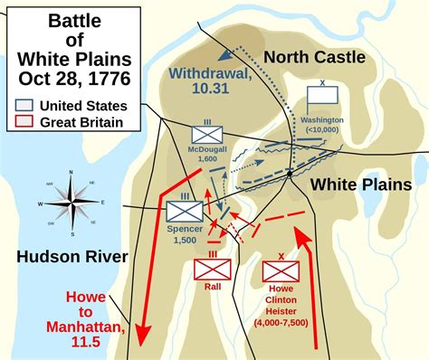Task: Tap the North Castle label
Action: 315,57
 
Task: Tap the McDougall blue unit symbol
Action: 200,134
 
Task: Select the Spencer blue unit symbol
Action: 185,212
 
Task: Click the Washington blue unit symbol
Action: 321,95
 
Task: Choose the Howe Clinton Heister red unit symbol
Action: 279,270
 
